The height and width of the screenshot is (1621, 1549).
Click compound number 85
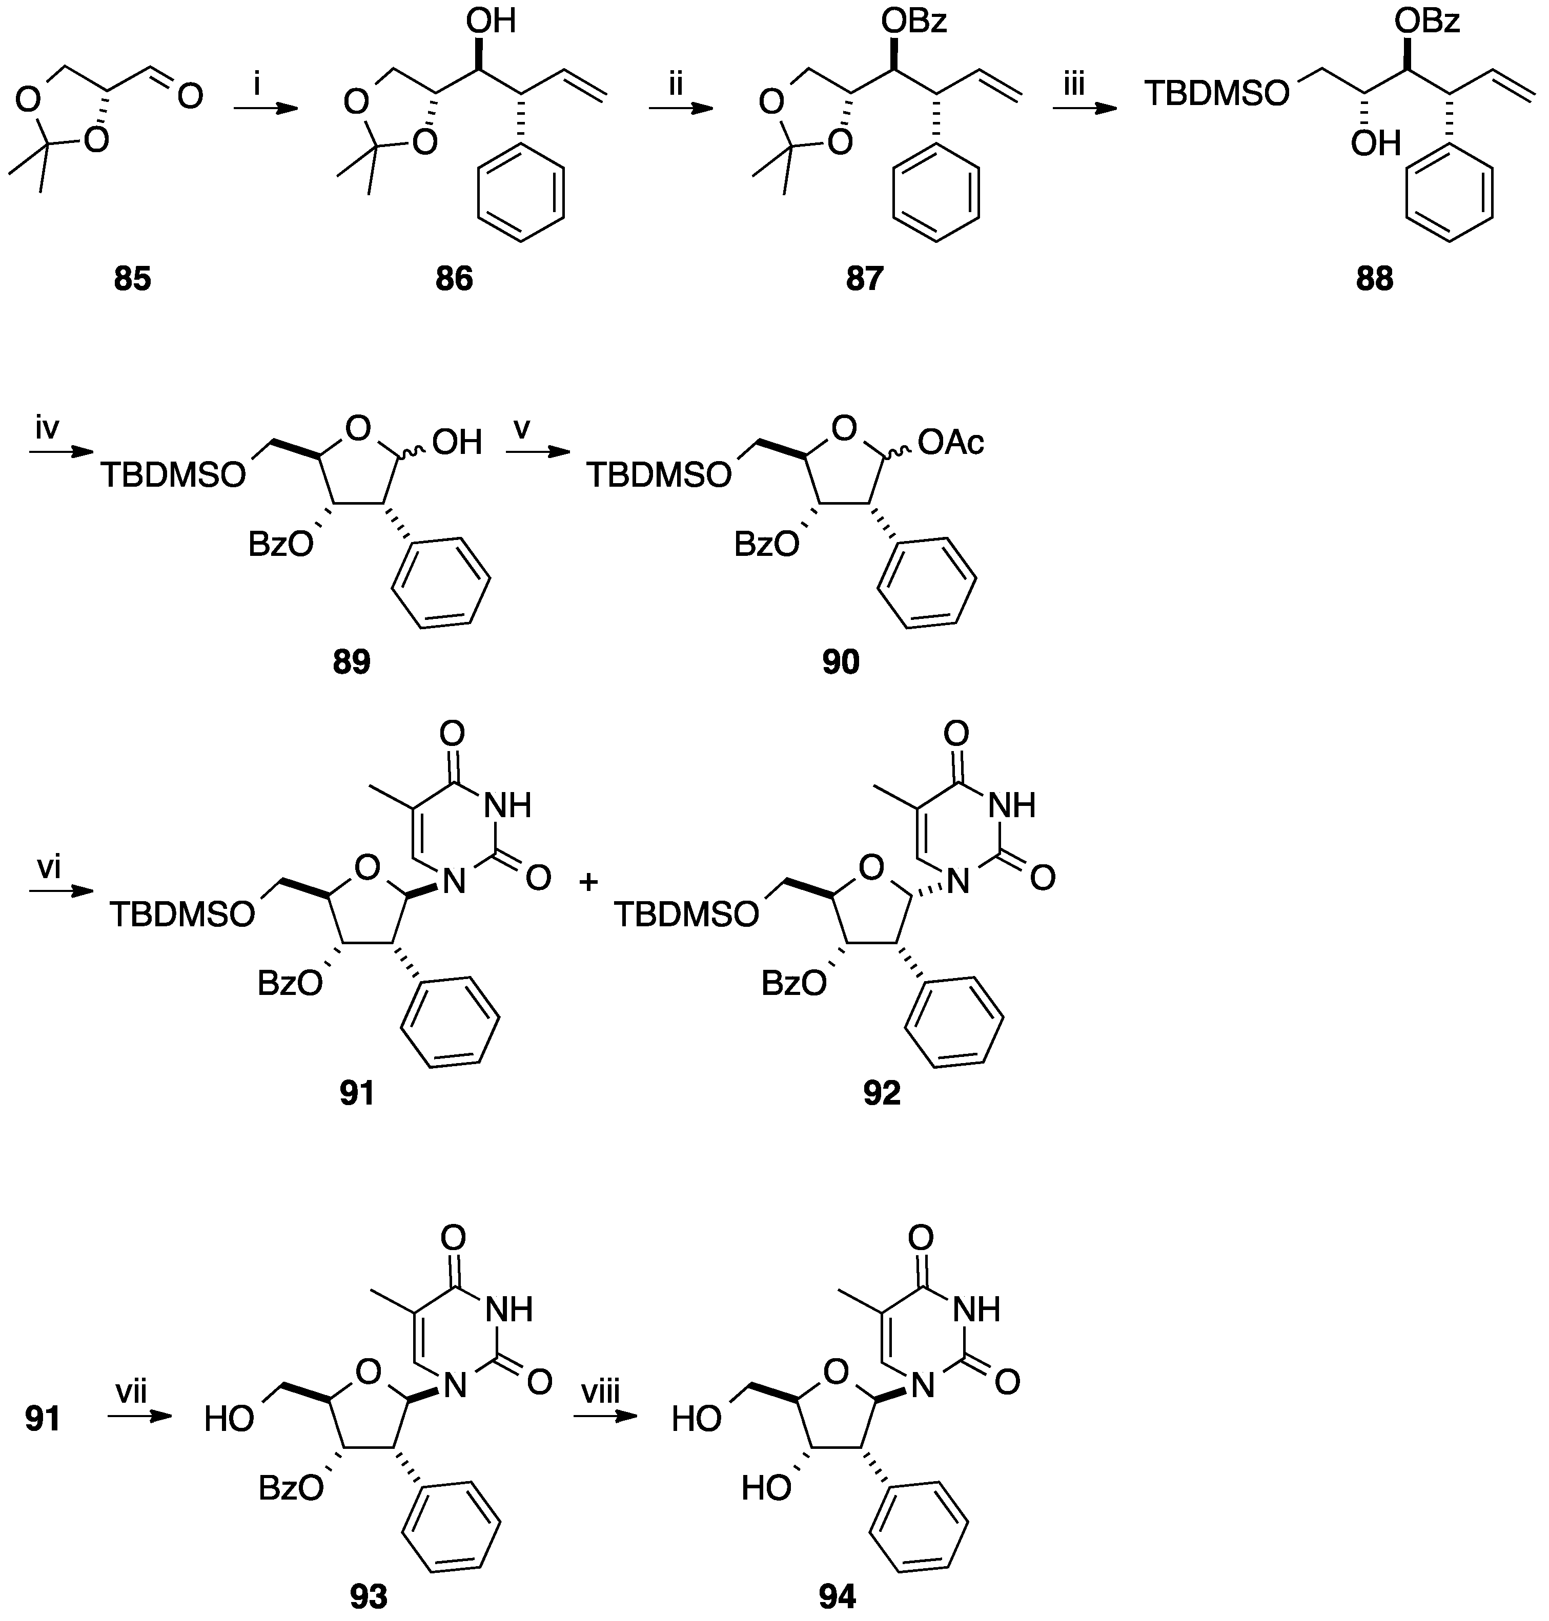click(132, 279)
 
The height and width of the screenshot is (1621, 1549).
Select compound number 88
click(1374, 279)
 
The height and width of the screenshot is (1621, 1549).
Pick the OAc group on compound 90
click(951, 444)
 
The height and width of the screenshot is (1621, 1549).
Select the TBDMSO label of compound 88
click(1217, 94)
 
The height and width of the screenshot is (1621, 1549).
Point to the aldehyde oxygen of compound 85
click(190, 97)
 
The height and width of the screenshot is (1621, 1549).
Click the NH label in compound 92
click(1012, 805)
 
